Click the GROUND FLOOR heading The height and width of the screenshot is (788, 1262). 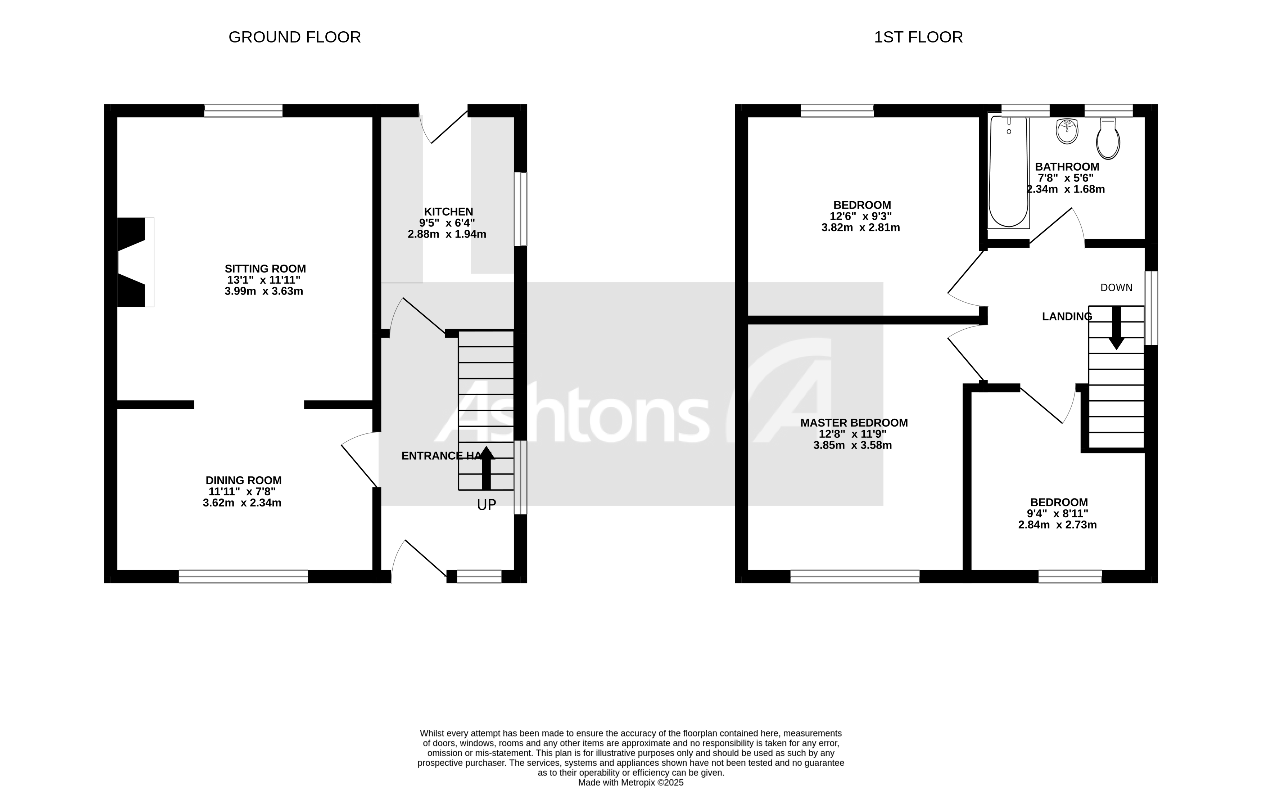click(x=294, y=37)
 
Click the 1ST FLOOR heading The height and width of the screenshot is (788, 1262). click(x=918, y=37)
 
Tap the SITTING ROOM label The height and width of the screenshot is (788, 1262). click(x=265, y=269)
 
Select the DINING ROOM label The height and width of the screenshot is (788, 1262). click(x=243, y=481)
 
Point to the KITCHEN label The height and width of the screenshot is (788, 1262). click(x=448, y=212)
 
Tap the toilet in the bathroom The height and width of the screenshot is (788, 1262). click(x=1108, y=139)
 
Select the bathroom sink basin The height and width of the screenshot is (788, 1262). click(x=1067, y=131)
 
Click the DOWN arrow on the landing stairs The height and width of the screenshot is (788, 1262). click(x=1116, y=328)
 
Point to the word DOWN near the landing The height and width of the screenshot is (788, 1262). click(x=1116, y=288)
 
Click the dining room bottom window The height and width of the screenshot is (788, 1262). click(x=243, y=576)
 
